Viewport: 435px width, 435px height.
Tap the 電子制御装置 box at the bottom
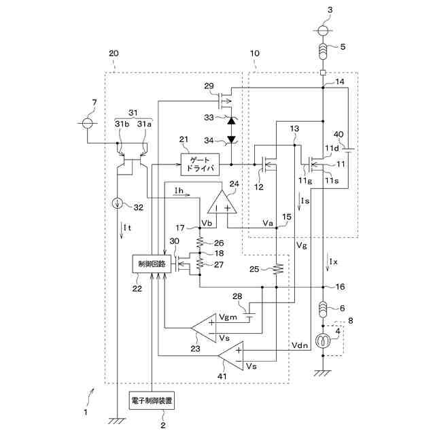[x=152, y=402]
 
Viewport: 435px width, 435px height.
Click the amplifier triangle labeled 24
[x=222, y=203]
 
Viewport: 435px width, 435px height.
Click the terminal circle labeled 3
[x=324, y=31]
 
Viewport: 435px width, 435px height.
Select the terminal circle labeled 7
[x=87, y=124]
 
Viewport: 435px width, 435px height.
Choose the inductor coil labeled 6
[x=324, y=310]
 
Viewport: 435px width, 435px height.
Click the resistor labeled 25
[x=277, y=270]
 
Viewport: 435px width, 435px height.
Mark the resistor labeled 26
[x=200, y=242]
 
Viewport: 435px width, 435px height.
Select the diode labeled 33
[x=231, y=120]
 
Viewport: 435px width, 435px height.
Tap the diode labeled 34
[x=231, y=140]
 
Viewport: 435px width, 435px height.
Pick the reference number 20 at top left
[x=114, y=52]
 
